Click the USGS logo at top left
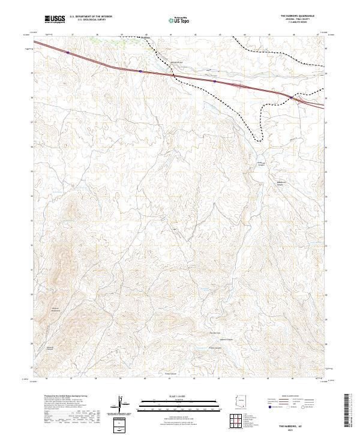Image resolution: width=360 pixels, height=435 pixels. tap(55, 19)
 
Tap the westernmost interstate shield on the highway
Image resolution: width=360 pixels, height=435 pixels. tap(68, 53)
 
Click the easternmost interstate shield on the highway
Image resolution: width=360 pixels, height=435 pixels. tap(291, 97)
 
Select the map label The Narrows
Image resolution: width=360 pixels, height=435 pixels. tap(215, 333)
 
